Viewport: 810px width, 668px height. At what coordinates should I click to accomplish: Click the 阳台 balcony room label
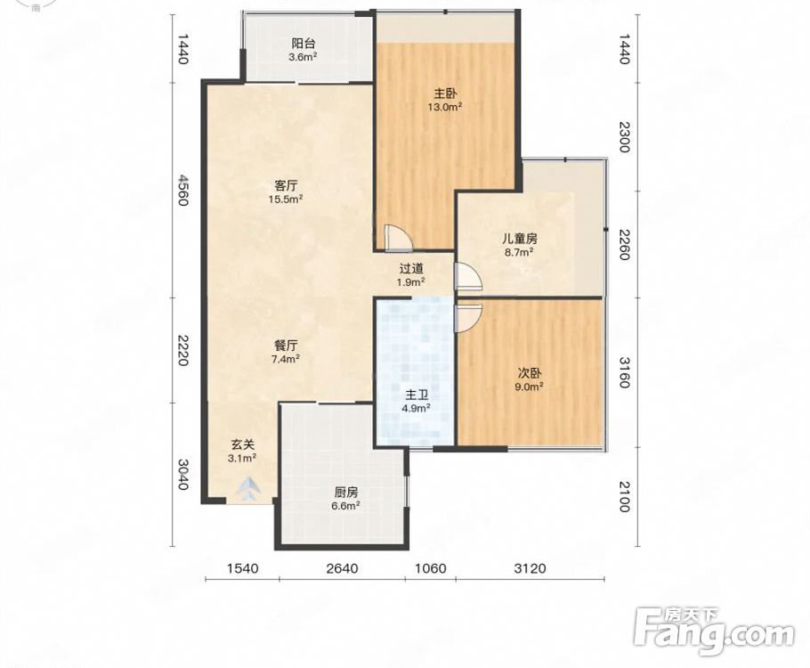[x=304, y=44]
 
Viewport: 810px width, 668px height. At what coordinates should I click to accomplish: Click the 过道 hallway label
[x=412, y=268]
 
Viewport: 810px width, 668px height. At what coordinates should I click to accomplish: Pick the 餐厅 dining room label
[x=286, y=345]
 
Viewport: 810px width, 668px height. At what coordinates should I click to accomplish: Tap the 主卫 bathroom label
[x=417, y=395]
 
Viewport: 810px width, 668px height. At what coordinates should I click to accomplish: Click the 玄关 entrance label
[x=243, y=444]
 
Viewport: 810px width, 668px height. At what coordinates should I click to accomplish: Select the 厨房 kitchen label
[x=345, y=493]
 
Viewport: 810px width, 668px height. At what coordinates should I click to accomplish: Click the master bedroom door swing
[x=397, y=237]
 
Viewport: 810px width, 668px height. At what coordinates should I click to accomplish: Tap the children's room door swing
[x=467, y=276]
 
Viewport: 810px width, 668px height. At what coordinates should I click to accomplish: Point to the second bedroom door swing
[x=467, y=317]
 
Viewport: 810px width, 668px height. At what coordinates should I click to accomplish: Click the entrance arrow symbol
[x=250, y=487]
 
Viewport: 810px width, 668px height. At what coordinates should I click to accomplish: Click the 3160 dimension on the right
[x=624, y=372]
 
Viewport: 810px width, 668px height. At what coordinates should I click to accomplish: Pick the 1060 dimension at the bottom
[x=430, y=568]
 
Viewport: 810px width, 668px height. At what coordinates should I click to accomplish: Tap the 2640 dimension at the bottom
[x=342, y=568]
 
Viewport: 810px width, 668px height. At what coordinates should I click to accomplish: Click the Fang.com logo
[x=714, y=631]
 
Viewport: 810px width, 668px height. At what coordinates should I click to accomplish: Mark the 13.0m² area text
[x=445, y=107]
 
